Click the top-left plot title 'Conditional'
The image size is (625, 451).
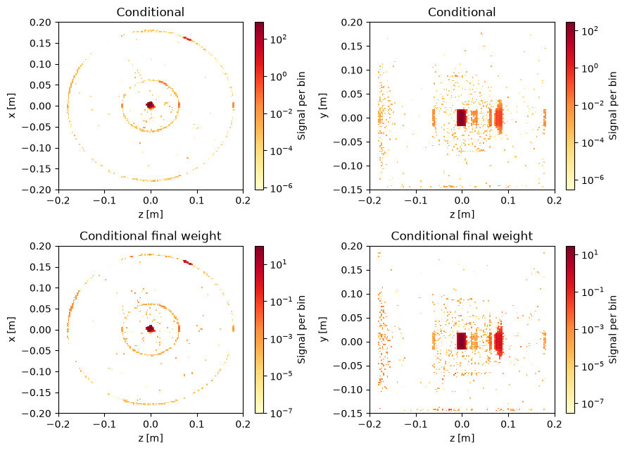pos(151,12)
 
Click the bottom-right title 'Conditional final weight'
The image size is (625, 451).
pos(462,236)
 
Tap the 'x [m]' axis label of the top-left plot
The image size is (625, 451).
pos(12,106)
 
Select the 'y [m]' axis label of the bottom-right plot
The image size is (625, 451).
pos(323,329)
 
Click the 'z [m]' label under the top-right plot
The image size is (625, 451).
pos(462,214)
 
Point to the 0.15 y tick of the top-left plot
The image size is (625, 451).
pos(41,43)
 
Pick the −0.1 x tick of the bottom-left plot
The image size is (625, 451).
pos(104,424)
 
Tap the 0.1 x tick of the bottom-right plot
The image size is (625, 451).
pos(508,424)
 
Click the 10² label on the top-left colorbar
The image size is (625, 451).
pos(278,39)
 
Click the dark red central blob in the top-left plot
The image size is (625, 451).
pos(151,105)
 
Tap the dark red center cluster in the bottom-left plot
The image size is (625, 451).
pos(151,329)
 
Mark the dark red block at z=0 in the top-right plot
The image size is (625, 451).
pos(461,118)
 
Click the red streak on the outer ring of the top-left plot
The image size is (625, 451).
pos(187,39)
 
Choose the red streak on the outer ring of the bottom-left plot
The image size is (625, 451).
pos(188,263)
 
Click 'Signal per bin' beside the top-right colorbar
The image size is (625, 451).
pos(613,106)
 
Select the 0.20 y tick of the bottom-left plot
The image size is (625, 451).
pos(41,246)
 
